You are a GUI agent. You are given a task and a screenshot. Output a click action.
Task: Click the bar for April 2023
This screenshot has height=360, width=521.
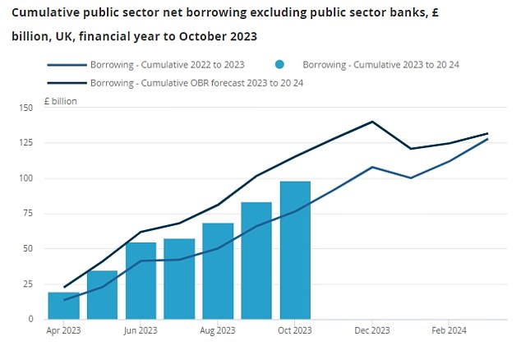[x=63, y=306]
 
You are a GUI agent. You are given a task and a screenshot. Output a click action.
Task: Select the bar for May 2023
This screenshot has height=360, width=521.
[x=102, y=295]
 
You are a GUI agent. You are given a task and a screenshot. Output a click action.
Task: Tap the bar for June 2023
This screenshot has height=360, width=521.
[x=141, y=281]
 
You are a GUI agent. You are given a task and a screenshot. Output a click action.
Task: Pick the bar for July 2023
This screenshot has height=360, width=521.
[x=179, y=279]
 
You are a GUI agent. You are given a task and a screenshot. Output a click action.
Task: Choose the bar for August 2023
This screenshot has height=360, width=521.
[x=218, y=271]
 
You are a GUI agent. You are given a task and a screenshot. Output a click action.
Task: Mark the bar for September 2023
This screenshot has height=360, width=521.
[x=256, y=261]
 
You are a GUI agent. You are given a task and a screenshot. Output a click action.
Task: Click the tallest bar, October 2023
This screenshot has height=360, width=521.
[x=295, y=250]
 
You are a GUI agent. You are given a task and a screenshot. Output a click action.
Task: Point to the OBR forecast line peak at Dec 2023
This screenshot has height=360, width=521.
[x=372, y=122]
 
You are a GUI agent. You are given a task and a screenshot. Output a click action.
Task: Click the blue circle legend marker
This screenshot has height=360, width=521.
[x=280, y=65]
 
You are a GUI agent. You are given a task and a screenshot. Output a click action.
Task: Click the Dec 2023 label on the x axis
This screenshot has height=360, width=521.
[x=372, y=331]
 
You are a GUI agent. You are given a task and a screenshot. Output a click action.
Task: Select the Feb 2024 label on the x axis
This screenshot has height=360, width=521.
[x=449, y=331]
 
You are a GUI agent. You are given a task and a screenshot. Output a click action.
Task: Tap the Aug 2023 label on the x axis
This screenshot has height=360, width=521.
[x=218, y=331]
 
